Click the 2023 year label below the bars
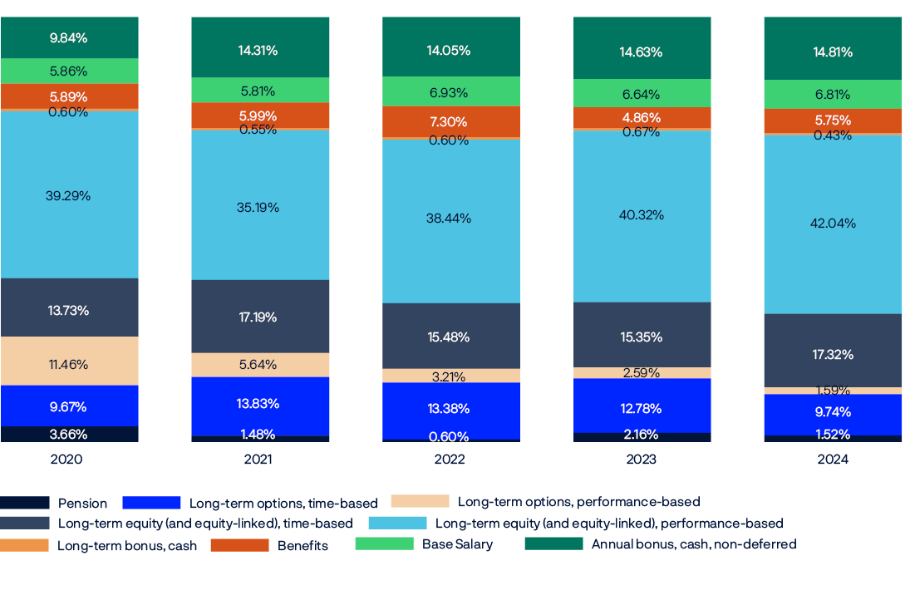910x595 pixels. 641,459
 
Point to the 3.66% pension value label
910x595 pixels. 68,434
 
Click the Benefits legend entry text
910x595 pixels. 303,546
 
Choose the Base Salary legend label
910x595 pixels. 457,544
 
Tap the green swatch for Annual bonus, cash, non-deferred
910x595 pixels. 553,544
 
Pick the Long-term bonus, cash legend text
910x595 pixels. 127,546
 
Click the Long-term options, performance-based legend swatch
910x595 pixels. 420,501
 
